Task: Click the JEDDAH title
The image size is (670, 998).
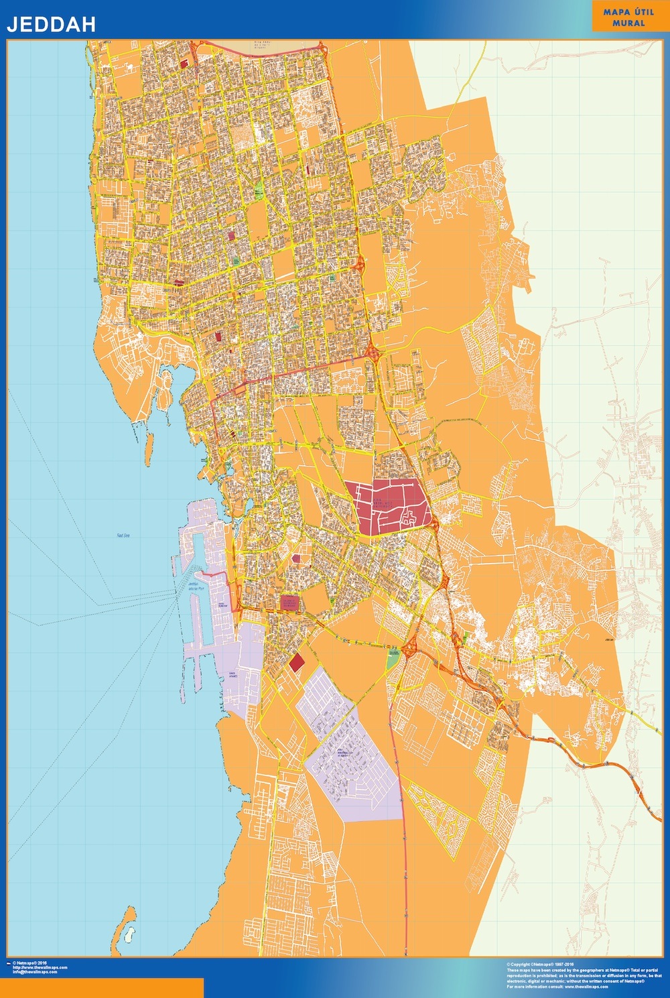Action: [x=51, y=24]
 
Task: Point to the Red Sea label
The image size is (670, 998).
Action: [x=122, y=536]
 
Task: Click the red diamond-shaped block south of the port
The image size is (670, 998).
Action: [x=296, y=663]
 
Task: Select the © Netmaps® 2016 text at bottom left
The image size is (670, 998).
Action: [x=30, y=962]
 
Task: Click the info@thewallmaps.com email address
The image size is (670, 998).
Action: [x=35, y=972]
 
